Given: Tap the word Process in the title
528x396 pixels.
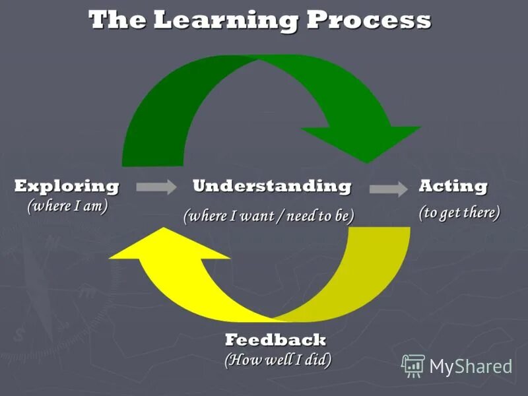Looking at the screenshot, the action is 369,20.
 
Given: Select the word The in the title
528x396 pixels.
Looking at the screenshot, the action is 116,20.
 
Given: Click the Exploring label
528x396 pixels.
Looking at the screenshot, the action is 67,186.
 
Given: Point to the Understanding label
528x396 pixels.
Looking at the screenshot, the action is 271,186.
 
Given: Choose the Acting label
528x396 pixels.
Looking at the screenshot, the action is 453,186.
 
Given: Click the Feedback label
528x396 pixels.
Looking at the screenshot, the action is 275,340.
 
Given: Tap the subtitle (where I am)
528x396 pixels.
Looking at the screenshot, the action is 67,206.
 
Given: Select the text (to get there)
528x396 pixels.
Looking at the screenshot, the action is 459,213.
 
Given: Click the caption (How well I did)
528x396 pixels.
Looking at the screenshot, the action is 278,360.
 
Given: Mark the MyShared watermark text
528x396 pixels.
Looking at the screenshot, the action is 471,366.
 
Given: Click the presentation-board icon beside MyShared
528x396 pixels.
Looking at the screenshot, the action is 414,366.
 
